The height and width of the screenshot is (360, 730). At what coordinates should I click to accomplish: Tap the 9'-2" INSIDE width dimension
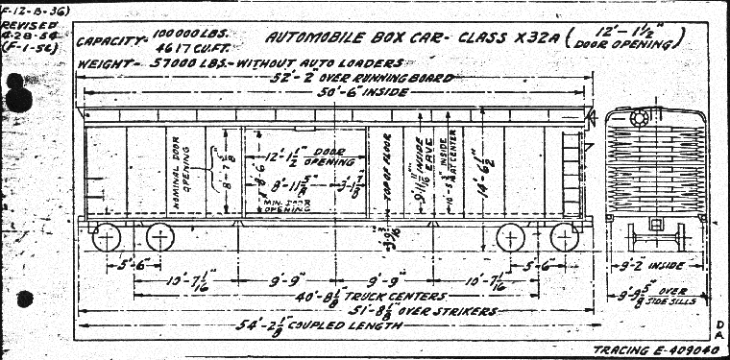[655, 265]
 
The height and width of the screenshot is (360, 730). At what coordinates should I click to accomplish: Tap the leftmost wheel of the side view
[109, 237]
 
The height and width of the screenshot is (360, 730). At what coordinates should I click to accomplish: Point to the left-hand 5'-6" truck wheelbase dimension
[126, 265]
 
